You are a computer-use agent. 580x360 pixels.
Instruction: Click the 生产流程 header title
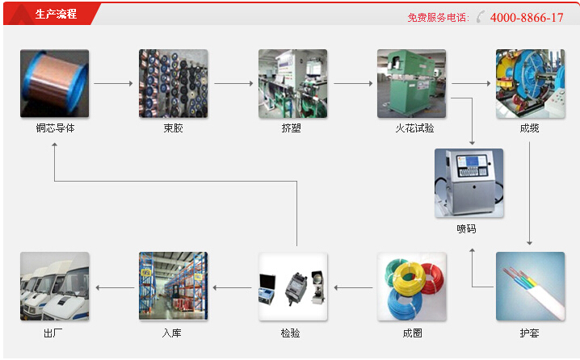[x=56, y=14]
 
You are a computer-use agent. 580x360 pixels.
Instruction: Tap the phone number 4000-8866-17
[x=526, y=17]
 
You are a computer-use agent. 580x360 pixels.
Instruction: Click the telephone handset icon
[x=481, y=17]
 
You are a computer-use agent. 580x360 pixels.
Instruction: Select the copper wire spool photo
[x=55, y=83]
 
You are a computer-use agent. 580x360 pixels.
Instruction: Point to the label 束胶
[x=173, y=128]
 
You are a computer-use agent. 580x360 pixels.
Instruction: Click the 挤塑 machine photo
[x=292, y=83]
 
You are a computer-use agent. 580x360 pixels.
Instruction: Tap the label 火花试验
[x=411, y=128]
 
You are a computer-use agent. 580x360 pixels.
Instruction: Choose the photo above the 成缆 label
[x=530, y=83]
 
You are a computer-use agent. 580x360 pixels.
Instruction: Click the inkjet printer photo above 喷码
[x=469, y=183]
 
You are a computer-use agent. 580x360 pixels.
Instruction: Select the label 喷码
[x=467, y=228]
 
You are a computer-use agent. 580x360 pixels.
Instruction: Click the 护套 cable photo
[x=530, y=287]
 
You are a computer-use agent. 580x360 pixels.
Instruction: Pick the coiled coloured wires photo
[x=412, y=287]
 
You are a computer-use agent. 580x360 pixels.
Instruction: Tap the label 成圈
[x=412, y=333]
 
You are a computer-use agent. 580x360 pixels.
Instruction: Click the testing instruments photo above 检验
[x=292, y=287]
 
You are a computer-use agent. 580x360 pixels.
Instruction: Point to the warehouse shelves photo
[x=173, y=287]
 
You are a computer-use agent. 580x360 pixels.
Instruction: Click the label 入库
[x=173, y=333]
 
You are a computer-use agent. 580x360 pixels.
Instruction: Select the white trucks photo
[x=55, y=287]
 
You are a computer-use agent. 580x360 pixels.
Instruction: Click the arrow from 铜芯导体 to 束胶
[x=113, y=83]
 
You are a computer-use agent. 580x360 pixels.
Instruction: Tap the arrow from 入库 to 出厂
[x=114, y=287]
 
